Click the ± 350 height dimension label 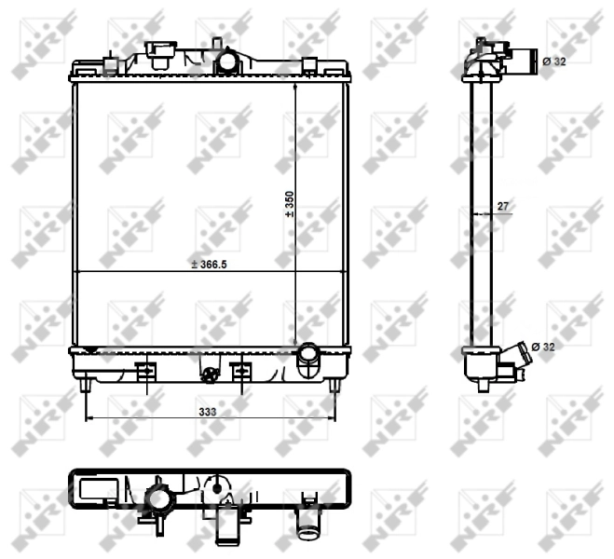click(290, 204)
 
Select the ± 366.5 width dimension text click(209, 265)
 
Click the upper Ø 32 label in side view click(553, 61)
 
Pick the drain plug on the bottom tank click(210, 375)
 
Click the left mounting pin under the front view click(85, 384)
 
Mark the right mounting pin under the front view click(334, 384)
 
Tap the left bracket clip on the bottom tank click(145, 371)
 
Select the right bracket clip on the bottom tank click(240, 371)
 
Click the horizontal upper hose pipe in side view click(525, 62)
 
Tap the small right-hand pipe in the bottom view click(307, 523)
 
